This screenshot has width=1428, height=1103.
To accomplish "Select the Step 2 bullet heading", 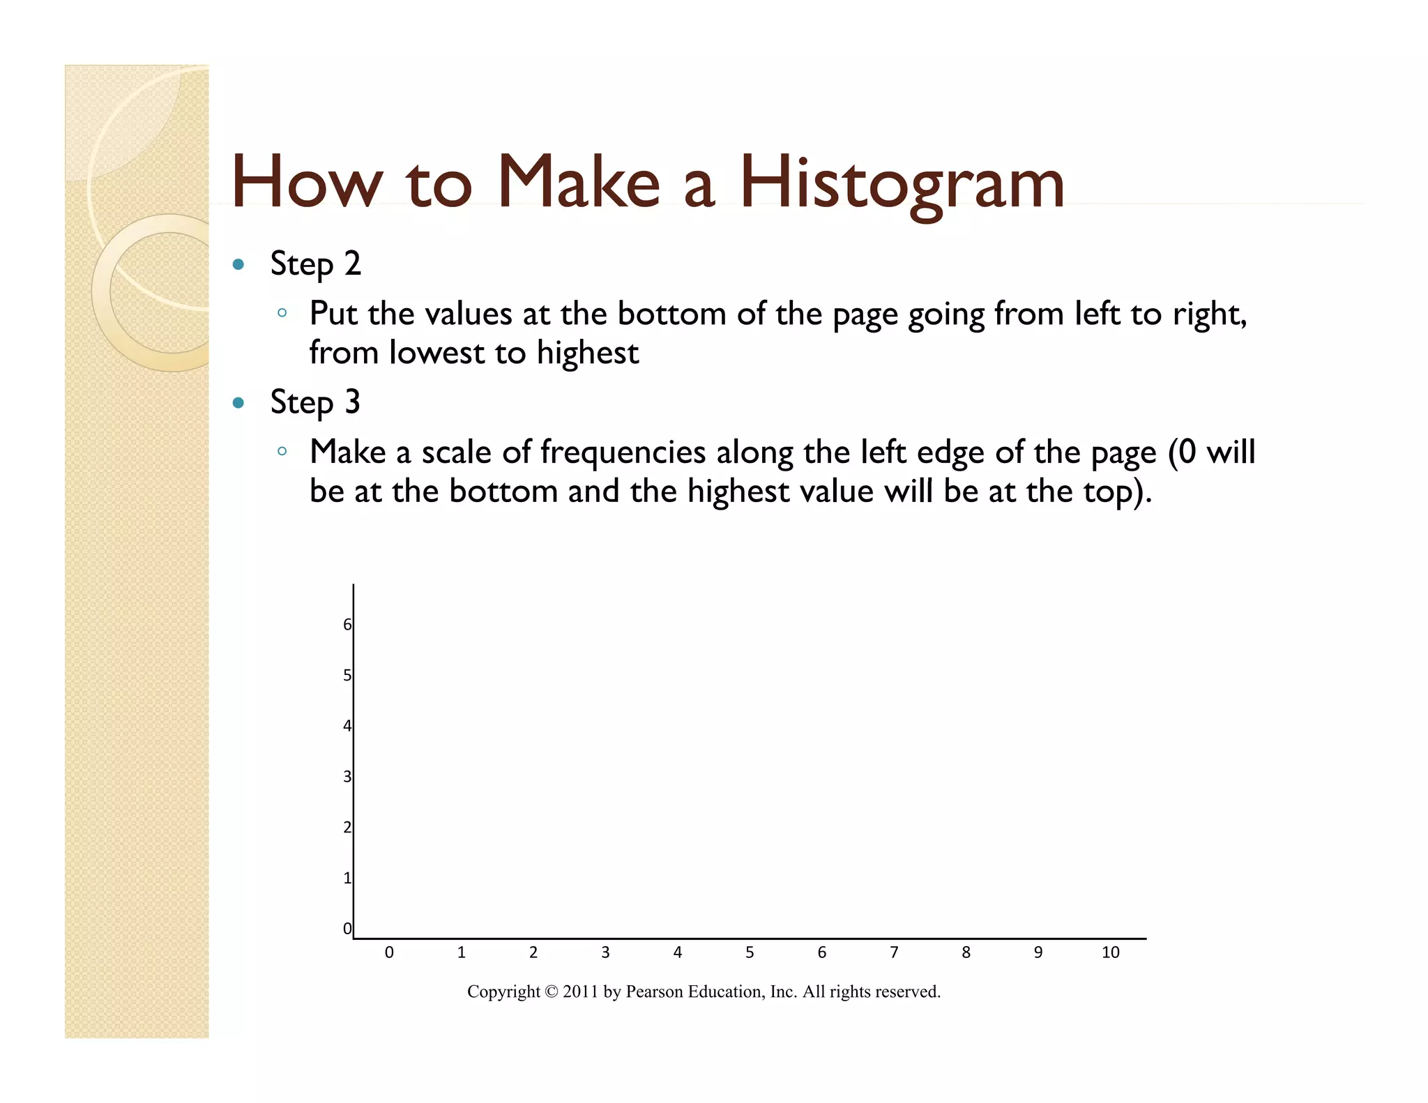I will click(315, 264).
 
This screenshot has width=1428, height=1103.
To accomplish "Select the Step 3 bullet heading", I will click(315, 403).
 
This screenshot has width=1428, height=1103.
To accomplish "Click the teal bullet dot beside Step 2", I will click(238, 264).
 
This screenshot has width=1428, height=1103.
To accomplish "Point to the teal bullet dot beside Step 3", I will click(238, 403).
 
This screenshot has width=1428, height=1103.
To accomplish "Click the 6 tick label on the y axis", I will click(347, 625).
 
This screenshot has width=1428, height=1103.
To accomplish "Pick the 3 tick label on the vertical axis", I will click(347, 777).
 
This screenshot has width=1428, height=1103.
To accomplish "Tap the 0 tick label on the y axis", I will click(347, 929).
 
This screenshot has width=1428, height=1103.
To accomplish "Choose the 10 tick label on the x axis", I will click(1110, 952).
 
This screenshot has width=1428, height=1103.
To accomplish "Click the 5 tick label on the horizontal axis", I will click(750, 952).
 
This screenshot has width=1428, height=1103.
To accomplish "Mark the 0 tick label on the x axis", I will click(389, 952).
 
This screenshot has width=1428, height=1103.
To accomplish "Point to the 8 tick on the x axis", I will click(966, 952).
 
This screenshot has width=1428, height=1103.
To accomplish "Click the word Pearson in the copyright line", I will click(654, 992).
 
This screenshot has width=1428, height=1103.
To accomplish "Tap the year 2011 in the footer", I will click(581, 992).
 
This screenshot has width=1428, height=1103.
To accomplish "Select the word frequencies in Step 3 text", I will click(623, 452).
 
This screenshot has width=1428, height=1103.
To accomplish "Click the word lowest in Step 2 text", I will click(436, 353).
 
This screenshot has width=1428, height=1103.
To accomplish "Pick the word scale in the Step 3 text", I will click(456, 452).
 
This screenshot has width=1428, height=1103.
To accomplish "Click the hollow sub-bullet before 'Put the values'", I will click(282, 313).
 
